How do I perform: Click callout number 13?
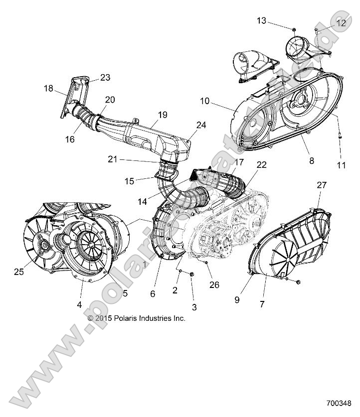(262, 20)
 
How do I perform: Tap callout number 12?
(341, 23)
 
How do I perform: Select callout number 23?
(105, 78)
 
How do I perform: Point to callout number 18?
(48, 88)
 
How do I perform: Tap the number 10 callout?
(205, 101)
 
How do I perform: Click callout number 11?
(341, 165)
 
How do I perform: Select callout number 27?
(322, 185)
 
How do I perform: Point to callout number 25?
(19, 272)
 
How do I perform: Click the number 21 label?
(113, 159)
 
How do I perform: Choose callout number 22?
(261, 165)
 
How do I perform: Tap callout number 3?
(194, 306)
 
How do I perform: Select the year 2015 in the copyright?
(104, 318)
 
